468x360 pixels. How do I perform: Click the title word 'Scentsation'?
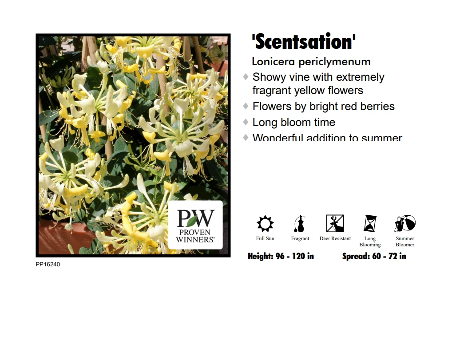coord(304,42)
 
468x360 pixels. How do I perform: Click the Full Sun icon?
coord(265,223)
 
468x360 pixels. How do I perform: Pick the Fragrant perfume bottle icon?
coord(300,223)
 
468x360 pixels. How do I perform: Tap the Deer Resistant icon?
coord(335,223)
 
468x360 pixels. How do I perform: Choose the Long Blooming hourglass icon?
coord(370,223)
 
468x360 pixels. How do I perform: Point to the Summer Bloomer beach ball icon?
coord(405,223)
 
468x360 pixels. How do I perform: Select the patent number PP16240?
coord(48,265)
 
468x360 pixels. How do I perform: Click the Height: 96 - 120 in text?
coord(281,256)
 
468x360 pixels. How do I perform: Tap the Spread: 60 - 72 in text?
coord(374,256)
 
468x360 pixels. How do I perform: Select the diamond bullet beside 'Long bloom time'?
coord(246,122)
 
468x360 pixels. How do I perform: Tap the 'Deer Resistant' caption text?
coord(335,239)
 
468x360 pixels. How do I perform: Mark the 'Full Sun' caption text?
coord(265,239)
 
